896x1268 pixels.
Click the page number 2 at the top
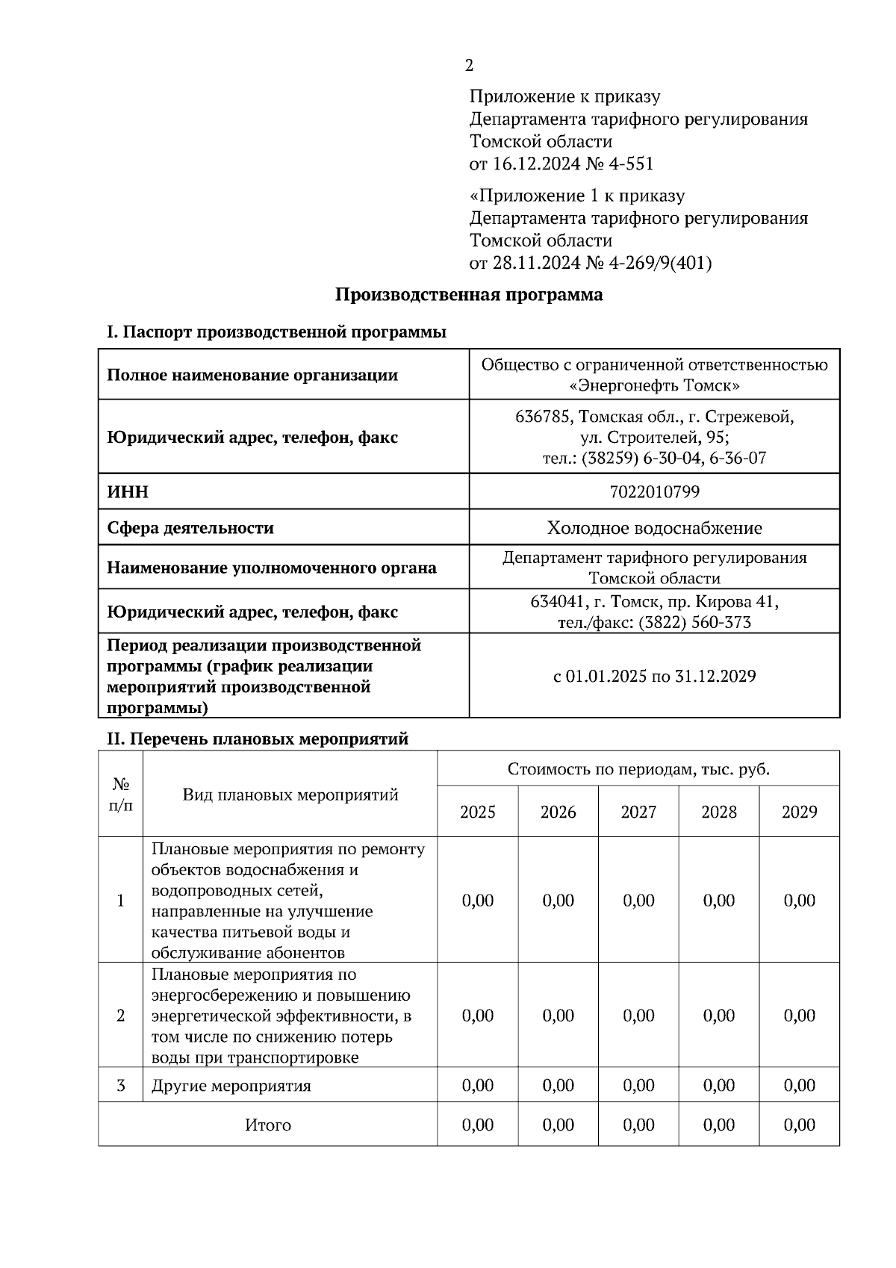click(469, 66)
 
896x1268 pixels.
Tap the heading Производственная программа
click(468, 295)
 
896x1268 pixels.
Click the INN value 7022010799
click(654, 491)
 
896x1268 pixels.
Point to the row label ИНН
click(128, 491)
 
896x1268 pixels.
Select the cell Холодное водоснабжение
click(654, 528)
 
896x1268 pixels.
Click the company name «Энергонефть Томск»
click(654, 386)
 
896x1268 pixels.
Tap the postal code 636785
click(543, 416)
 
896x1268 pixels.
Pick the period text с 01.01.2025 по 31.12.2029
click(654, 677)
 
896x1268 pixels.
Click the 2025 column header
click(477, 812)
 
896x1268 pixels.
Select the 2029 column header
click(799, 812)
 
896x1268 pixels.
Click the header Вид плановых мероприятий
click(290, 795)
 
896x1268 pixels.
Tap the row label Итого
click(267, 1125)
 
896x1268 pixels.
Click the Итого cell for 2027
click(638, 1125)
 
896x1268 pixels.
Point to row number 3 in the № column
click(120, 1085)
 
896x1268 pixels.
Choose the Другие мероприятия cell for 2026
click(558, 1085)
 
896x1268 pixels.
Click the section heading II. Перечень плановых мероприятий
click(258, 739)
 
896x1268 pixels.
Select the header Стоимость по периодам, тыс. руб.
click(638, 769)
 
